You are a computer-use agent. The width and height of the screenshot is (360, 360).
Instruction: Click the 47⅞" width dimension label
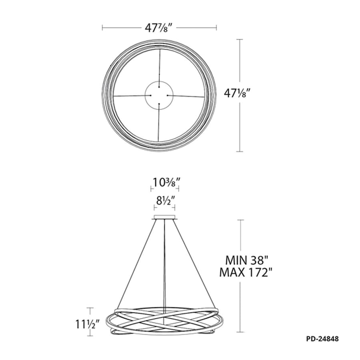click(159, 28)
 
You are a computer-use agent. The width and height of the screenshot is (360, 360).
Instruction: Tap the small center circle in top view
click(159, 96)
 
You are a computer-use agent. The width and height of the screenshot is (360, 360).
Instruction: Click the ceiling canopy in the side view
click(165, 218)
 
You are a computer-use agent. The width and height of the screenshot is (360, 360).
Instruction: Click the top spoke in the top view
click(159, 66)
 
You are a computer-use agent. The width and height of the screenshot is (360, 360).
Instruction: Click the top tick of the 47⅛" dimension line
click(240, 39)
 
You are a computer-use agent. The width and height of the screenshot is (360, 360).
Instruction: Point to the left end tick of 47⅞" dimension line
click(103, 28)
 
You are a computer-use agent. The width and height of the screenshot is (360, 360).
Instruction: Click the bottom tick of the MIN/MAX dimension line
click(240, 332)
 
